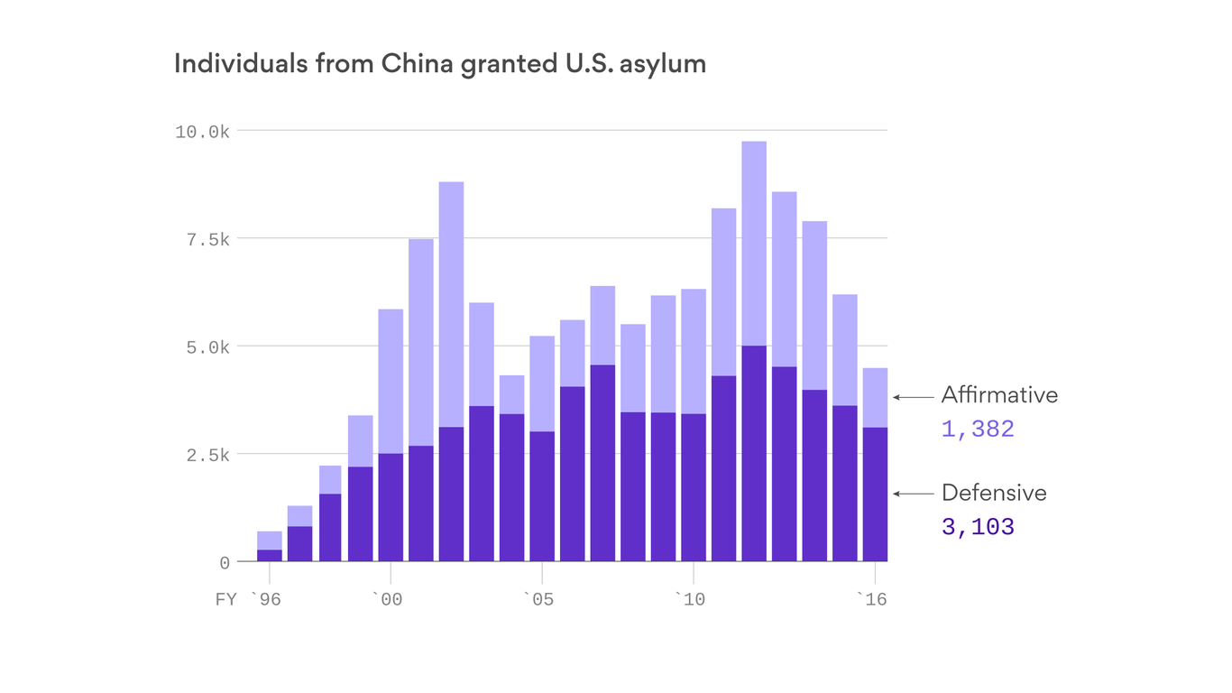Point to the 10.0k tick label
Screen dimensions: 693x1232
(x=202, y=132)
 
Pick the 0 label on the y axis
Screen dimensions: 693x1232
(x=225, y=563)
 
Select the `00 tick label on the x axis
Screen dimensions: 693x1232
(x=388, y=599)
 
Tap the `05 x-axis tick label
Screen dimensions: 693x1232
(x=539, y=599)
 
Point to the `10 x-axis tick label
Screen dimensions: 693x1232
(x=691, y=599)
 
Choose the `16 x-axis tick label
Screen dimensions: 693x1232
(x=871, y=599)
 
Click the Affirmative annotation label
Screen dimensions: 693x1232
(x=999, y=395)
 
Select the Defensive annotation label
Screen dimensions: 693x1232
(x=994, y=494)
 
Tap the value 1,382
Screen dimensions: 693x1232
(x=978, y=430)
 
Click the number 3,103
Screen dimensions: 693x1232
(x=978, y=527)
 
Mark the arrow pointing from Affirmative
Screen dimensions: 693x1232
(x=913, y=396)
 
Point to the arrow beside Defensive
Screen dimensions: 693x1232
(x=913, y=494)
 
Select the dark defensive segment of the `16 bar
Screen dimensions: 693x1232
(x=875, y=494)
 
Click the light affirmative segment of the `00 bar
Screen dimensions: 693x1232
(x=391, y=381)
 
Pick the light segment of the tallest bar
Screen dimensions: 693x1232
(x=754, y=244)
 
